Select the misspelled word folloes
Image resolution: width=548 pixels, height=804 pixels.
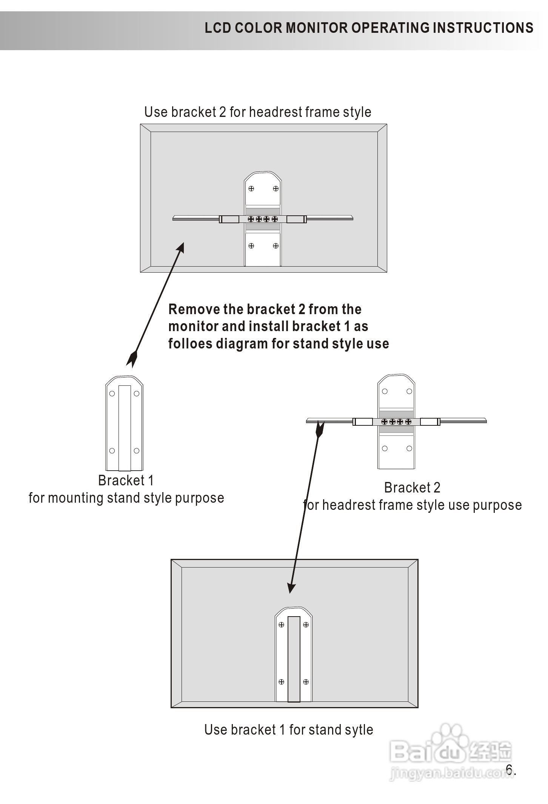(x=190, y=344)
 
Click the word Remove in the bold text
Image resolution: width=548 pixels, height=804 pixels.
(x=194, y=309)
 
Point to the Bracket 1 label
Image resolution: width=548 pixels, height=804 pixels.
(x=126, y=480)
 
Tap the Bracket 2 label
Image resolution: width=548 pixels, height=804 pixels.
(x=412, y=488)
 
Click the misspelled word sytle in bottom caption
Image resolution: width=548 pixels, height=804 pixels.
(x=359, y=729)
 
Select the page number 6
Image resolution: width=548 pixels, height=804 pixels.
(x=509, y=769)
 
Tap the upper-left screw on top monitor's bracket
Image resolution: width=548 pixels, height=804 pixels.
(x=251, y=189)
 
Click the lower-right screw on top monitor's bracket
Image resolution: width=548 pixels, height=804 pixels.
(x=276, y=246)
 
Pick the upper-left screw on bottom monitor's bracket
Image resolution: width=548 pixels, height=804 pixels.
(x=282, y=624)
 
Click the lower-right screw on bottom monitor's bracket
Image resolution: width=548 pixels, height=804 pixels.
(x=306, y=682)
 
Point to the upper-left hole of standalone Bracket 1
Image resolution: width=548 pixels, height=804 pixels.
(x=112, y=394)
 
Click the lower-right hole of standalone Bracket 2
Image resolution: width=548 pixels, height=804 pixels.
(x=409, y=448)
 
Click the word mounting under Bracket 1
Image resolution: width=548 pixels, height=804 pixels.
(x=76, y=498)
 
